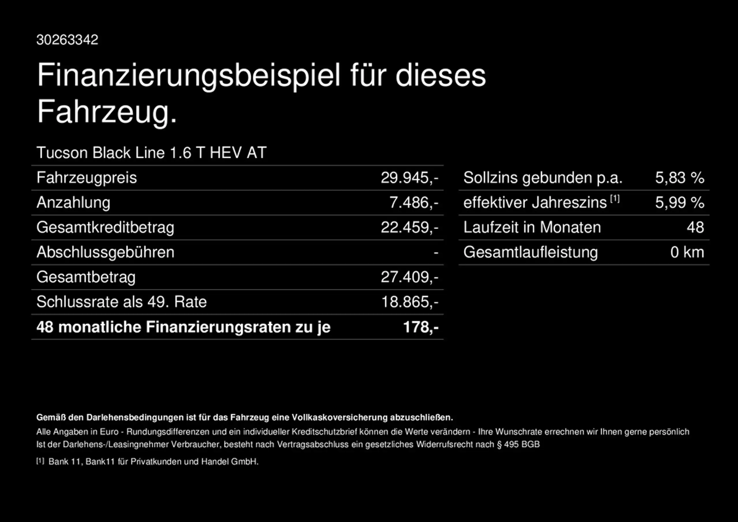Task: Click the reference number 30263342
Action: (x=67, y=40)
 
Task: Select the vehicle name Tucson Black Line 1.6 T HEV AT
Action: (x=151, y=153)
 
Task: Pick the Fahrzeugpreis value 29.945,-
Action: (x=409, y=178)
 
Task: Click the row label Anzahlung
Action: (x=73, y=203)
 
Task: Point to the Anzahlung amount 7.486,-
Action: (x=414, y=203)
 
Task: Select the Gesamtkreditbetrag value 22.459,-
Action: (x=409, y=227)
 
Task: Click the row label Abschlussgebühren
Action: (x=106, y=252)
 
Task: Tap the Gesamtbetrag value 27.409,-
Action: (x=409, y=277)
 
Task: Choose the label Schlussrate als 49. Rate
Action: (x=121, y=302)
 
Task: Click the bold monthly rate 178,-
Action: (x=421, y=327)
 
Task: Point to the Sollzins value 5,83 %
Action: (x=680, y=178)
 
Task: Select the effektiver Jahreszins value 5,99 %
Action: (x=680, y=203)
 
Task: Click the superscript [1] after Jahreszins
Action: (x=615, y=199)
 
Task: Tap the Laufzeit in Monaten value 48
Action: (x=695, y=227)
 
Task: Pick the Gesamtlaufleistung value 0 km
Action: (x=687, y=252)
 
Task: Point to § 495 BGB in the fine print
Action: (x=518, y=444)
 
